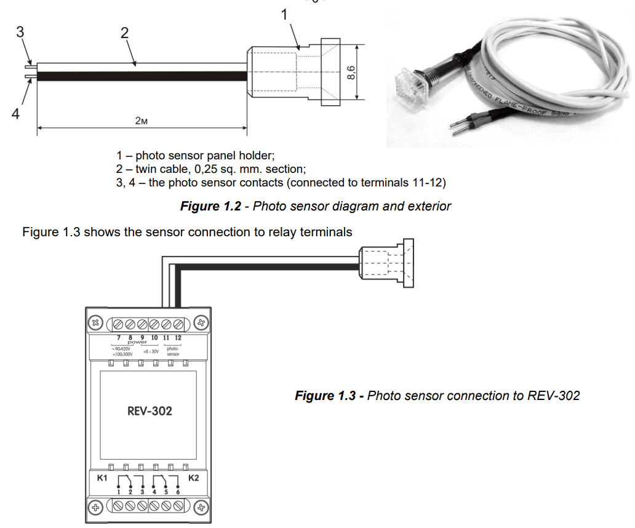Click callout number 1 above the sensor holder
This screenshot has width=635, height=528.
point(284,14)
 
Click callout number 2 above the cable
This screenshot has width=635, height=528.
point(124,33)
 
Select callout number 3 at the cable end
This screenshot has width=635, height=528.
point(20,33)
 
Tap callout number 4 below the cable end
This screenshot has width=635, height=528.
point(15,114)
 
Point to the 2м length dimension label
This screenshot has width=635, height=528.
point(142,121)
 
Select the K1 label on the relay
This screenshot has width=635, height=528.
point(103,478)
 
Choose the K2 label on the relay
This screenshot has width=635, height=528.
point(193,478)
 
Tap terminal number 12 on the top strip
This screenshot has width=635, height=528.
point(178,338)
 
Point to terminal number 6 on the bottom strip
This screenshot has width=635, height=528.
point(177,491)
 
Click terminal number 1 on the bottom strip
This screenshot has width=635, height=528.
point(118,491)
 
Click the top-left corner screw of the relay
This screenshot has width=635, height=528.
point(96,322)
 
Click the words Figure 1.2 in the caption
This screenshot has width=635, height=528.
point(210,206)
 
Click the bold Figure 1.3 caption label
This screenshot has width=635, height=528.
point(325,396)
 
